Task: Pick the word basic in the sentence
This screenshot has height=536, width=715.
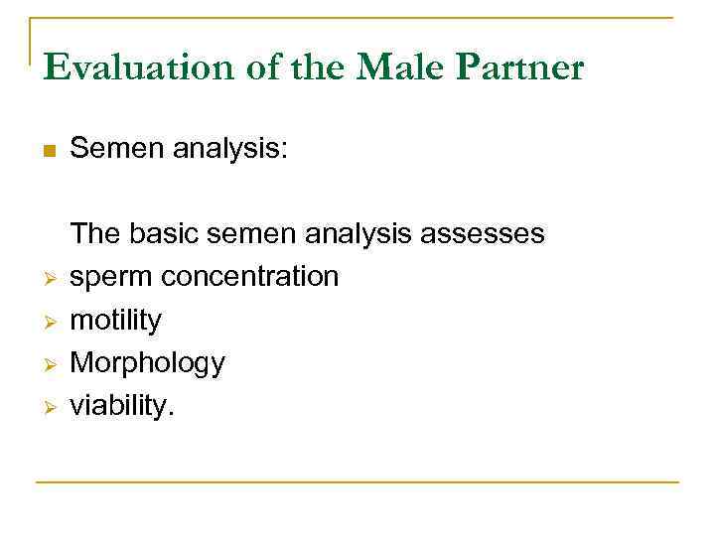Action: point(163,233)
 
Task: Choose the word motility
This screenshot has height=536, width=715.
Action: point(115,320)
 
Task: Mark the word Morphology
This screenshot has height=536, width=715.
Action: point(147,363)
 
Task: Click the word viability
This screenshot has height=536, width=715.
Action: point(121,405)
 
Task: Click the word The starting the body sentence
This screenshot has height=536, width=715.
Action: point(94,233)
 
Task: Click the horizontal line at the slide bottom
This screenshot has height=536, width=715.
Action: point(357,483)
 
